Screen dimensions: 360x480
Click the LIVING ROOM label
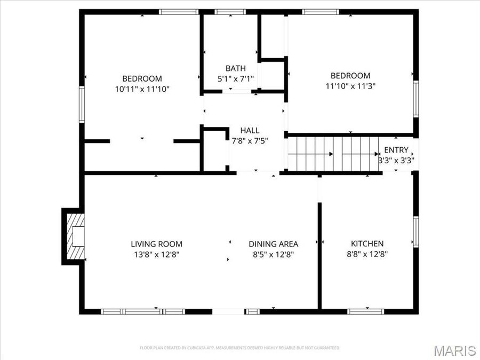[x=156, y=244]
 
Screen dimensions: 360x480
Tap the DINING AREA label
[x=273, y=244]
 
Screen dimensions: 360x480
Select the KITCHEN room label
[x=367, y=244]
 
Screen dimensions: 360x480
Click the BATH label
[x=236, y=68]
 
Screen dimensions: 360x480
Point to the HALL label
[x=250, y=131]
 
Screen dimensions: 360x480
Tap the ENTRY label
[x=396, y=150]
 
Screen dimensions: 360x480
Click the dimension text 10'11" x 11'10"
[x=142, y=89]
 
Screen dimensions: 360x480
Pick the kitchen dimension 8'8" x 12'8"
[x=367, y=254]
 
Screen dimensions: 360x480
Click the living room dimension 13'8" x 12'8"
[x=156, y=254]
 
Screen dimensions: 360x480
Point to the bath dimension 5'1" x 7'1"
[x=236, y=78]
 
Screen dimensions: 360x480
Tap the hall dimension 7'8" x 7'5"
[x=250, y=141]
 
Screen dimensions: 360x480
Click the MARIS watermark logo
[x=454, y=350]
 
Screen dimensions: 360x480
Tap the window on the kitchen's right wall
[x=415, y=231]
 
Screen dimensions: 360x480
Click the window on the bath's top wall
[x=230, y=12]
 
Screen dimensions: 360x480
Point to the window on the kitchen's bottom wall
[x=366, y=311]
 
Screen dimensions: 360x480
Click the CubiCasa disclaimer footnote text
[x=239, y=348]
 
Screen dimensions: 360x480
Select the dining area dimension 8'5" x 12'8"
[x=273, y=254]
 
